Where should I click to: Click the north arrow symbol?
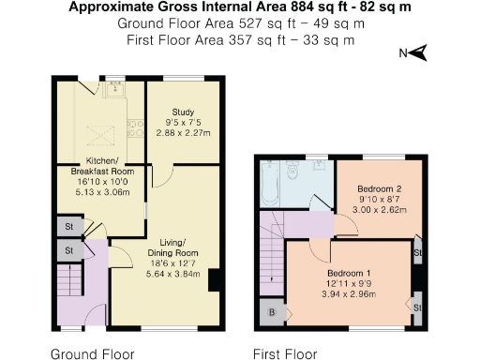[419, 52]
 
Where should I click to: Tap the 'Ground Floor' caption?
[91, 354]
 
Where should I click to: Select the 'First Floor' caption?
[284, 354]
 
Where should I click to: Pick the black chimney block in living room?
[215, 279]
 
